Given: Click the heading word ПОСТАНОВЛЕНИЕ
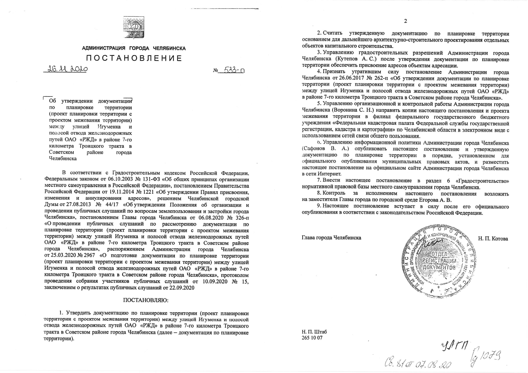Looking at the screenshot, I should tap(134, 58).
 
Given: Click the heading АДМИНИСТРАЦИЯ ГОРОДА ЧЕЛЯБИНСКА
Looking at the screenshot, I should tap(134, 48).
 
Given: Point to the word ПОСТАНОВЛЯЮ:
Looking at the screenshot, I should tap(146, 300).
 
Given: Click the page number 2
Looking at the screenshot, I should tap(405, 21).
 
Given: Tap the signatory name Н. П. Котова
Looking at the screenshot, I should tap(493, 239).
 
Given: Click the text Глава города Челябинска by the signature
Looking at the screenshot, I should tap(331, 238).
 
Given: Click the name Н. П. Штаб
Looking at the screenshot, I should tap(314, 332).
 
